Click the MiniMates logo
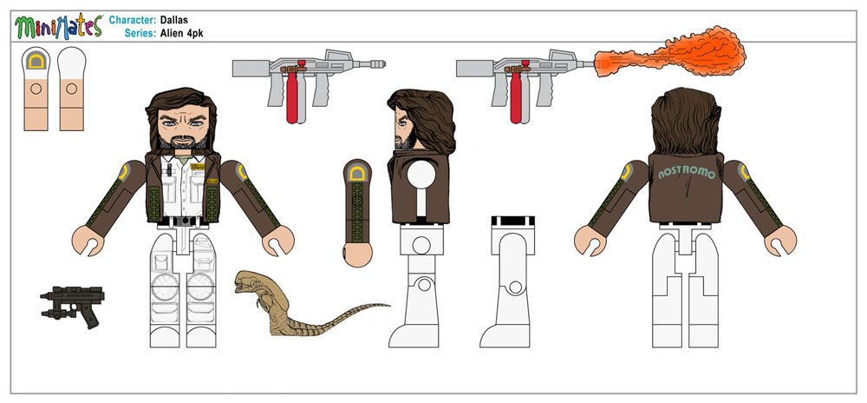(x=59, y=27)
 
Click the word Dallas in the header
(x=173, y=21)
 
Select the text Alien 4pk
(x=182, y=33)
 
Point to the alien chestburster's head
(x=250, y=281)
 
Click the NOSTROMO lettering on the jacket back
(x=687, y=173)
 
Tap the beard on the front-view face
(x=182, y=142)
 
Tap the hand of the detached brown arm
(x=356, y=255)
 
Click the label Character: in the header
(x=132, y=21)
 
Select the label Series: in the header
(x=140, y=33)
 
